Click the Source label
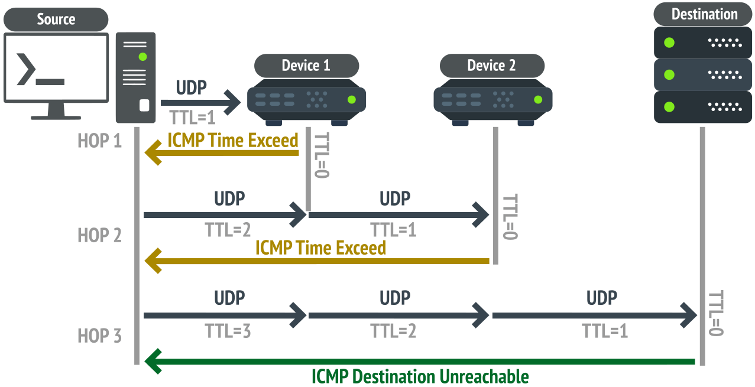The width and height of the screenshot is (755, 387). click(56, 19)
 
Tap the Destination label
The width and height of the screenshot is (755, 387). click(704, 14)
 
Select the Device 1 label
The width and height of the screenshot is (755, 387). click(306, 65)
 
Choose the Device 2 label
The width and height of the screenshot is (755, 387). click(491, 65)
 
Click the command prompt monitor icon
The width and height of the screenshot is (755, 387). click(56, 75)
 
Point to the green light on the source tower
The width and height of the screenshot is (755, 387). click(142, 57)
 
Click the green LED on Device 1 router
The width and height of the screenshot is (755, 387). click(352, 100)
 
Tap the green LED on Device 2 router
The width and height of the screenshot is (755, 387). click(537, 100)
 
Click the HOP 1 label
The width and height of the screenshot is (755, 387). click(99, 141)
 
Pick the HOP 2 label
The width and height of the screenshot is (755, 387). click(99, 235)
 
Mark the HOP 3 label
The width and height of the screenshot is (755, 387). click(99, 336)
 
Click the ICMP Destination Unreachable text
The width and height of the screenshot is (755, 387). click(420, 376)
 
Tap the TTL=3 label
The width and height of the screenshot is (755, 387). click(228, 331)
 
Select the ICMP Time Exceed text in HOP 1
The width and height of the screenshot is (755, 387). click(233, 141)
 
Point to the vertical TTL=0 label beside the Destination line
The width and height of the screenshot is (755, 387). click(716, 313)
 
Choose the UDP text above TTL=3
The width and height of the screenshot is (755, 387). click(229, 297)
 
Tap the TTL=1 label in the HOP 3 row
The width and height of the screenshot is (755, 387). click(604, 331)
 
